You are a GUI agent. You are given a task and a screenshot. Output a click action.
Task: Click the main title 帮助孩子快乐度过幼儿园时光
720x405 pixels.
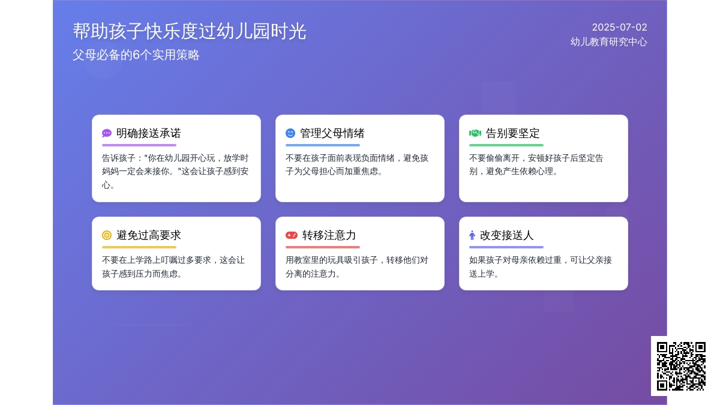190,31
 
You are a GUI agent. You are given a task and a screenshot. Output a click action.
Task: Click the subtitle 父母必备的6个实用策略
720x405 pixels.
136,55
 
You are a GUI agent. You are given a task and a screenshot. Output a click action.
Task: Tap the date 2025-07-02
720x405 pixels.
619,28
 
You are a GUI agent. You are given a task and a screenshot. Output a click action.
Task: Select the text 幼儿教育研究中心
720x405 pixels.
609,42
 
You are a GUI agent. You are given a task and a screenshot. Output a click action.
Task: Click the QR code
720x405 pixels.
681,366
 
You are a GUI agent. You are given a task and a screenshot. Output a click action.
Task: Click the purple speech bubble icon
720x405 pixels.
107,133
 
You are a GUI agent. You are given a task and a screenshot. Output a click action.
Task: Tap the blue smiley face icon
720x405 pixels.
290,133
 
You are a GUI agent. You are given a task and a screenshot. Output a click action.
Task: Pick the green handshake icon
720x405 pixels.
475,133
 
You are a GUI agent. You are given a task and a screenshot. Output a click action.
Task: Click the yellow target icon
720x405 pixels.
107,235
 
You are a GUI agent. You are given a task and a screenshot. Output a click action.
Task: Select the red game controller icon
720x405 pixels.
292,235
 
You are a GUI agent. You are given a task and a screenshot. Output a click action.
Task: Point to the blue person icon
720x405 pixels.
472,235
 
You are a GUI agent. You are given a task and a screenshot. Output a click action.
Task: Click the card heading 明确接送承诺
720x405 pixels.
149,133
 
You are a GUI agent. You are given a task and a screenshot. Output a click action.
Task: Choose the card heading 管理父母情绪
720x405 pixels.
332,133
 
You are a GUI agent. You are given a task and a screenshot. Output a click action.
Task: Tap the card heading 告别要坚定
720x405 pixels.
512,133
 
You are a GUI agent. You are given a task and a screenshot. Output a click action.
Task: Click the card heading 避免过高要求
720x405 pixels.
149,235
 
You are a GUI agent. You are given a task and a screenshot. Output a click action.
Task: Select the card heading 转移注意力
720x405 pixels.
329,235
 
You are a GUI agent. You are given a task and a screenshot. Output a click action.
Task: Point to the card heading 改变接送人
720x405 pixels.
506,235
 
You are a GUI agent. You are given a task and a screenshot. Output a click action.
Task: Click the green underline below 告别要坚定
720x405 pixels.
506,145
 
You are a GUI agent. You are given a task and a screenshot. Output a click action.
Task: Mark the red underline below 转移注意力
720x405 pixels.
323,247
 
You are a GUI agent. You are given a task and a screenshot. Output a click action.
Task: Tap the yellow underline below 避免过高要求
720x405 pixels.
139,247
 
